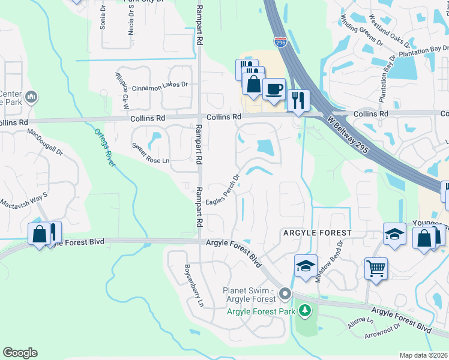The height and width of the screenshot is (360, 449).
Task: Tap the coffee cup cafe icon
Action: [274, 89]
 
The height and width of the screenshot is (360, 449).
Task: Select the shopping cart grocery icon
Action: [376, 269]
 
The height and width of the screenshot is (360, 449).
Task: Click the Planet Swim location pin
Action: [285, 294]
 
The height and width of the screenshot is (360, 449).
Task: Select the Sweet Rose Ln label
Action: [151, 161]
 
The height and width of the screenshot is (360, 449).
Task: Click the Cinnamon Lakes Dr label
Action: [160, 85]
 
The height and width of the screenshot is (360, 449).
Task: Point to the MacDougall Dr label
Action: [45, 140]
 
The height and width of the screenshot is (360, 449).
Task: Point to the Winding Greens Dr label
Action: [362, 34]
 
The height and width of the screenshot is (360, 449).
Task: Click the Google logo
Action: [20, 353]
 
